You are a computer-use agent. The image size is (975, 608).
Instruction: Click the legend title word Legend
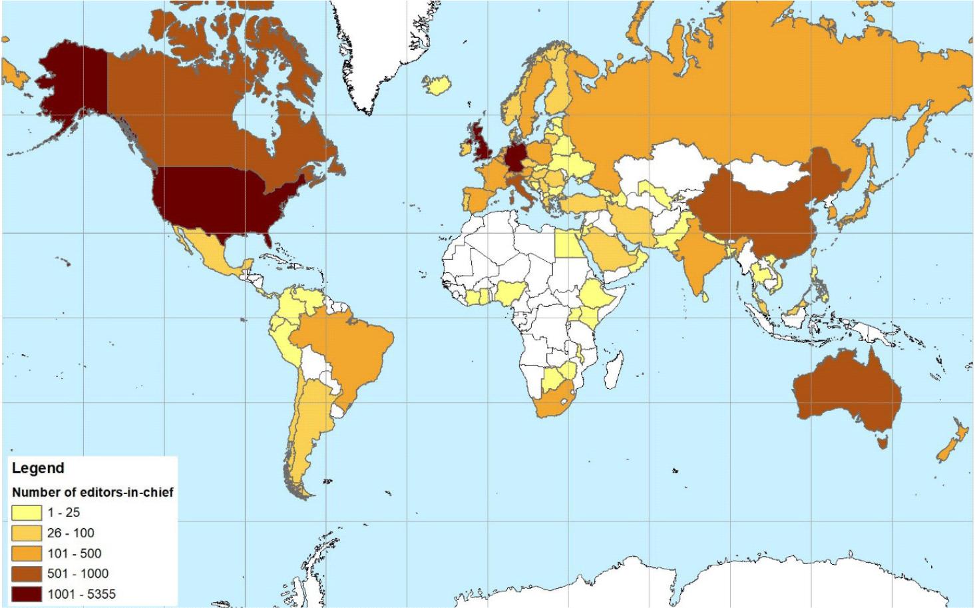(x=38, y=468)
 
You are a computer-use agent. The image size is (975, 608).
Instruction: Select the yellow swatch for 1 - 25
(x=27, y=512)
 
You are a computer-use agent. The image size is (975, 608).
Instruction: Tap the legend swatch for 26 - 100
(x=27, y=533)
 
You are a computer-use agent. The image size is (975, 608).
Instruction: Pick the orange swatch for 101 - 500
(x=27, y=553)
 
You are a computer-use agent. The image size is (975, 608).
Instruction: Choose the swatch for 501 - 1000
(x=27, y=573)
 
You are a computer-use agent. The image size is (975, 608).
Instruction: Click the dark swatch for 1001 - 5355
(x=27, y=594)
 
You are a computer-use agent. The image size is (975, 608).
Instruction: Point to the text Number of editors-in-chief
(x=93, y=492)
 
